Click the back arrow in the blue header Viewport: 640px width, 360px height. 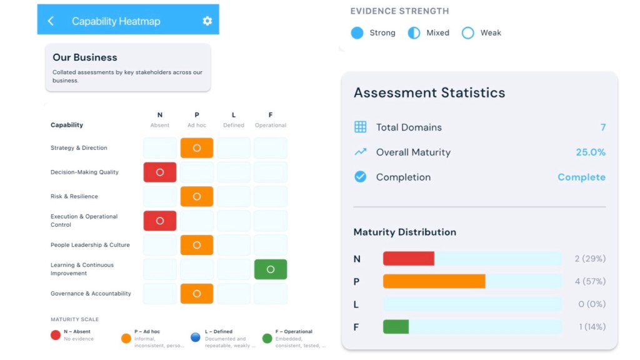pos(51,21)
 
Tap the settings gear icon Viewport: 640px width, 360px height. pos(207,21)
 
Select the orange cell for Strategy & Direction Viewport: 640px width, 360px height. pos(197,148)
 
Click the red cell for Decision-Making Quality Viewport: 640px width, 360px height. pos(160,172)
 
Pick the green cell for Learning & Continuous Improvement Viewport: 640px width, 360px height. pos(271,269)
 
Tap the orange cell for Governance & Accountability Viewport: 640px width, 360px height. pos(197,294)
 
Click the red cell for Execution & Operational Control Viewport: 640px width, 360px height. pos(160,221)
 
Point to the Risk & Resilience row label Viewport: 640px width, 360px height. pos(74,196)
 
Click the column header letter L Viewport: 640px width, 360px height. pos(234,115)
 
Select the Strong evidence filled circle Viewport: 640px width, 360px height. pos(357,33)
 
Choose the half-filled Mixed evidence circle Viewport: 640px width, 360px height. pos(414,33)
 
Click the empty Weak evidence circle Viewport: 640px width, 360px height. pos(467,33)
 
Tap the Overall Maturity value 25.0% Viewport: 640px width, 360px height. pos(591,152)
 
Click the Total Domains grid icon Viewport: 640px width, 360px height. pos(361,127)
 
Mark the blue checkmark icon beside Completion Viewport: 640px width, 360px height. pos(361,177)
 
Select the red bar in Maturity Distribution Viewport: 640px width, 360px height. pos(409,259)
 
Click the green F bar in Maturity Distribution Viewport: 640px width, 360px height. pos(396,327)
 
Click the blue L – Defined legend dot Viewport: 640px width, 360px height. pos(196,337)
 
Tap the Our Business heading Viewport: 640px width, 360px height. pos(85,57)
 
